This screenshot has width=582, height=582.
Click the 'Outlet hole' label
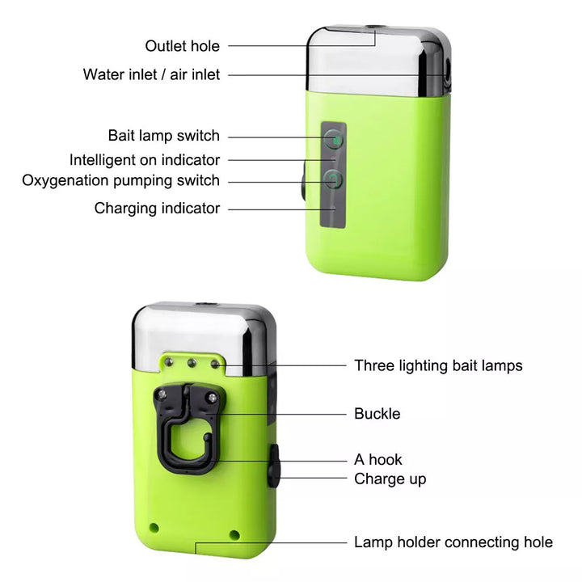182,46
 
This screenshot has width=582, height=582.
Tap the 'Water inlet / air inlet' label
151,74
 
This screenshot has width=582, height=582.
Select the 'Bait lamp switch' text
163,136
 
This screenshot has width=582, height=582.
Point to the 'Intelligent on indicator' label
145,160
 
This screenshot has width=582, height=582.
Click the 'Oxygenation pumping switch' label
121,180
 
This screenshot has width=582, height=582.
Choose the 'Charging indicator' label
157,209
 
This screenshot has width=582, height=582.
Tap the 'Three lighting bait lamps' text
438,365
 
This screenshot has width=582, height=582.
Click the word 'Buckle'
377,414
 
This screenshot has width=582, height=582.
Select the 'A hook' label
377,459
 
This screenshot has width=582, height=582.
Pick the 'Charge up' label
390,479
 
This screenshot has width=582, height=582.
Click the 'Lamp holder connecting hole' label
453,542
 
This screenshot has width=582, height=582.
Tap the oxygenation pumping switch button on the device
333,179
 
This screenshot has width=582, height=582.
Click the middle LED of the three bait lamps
192,363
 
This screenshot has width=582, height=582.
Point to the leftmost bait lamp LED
169,361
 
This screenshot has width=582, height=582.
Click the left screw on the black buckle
162,394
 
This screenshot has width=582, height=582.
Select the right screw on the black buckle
213,398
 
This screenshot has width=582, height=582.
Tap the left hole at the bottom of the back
154,527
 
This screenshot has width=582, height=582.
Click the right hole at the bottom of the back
234,535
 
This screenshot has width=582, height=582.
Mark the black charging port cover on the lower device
274,466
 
